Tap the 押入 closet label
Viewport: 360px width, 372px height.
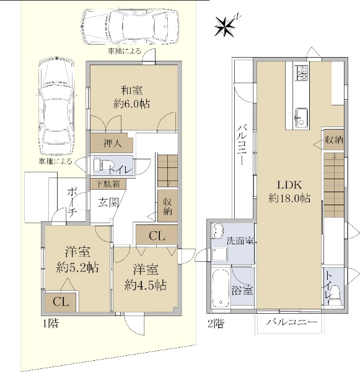click(113, 143)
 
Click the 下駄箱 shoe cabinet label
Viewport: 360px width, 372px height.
click(108, 184)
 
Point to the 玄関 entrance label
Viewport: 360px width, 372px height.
click(108, 202)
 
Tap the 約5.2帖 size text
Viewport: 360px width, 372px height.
click(77, 268)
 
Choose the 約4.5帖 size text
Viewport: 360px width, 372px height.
click(146, 285)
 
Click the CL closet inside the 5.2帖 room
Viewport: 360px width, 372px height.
click(61, 301)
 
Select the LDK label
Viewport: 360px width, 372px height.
click(289, 185)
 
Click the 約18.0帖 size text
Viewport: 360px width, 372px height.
click(289, 198)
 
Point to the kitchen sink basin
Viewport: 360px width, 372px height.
click(301, 118)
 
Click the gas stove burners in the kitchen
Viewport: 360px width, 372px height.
click(301, 73)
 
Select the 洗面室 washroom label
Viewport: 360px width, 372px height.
click(240, 241)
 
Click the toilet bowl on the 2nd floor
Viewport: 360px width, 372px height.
click(335, 294)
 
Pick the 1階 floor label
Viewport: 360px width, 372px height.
click(51, 323)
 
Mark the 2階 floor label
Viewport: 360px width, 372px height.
click(216, 324)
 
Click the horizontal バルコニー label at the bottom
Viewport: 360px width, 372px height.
click(291, 322)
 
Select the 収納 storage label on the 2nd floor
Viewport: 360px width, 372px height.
click(334, 140)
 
